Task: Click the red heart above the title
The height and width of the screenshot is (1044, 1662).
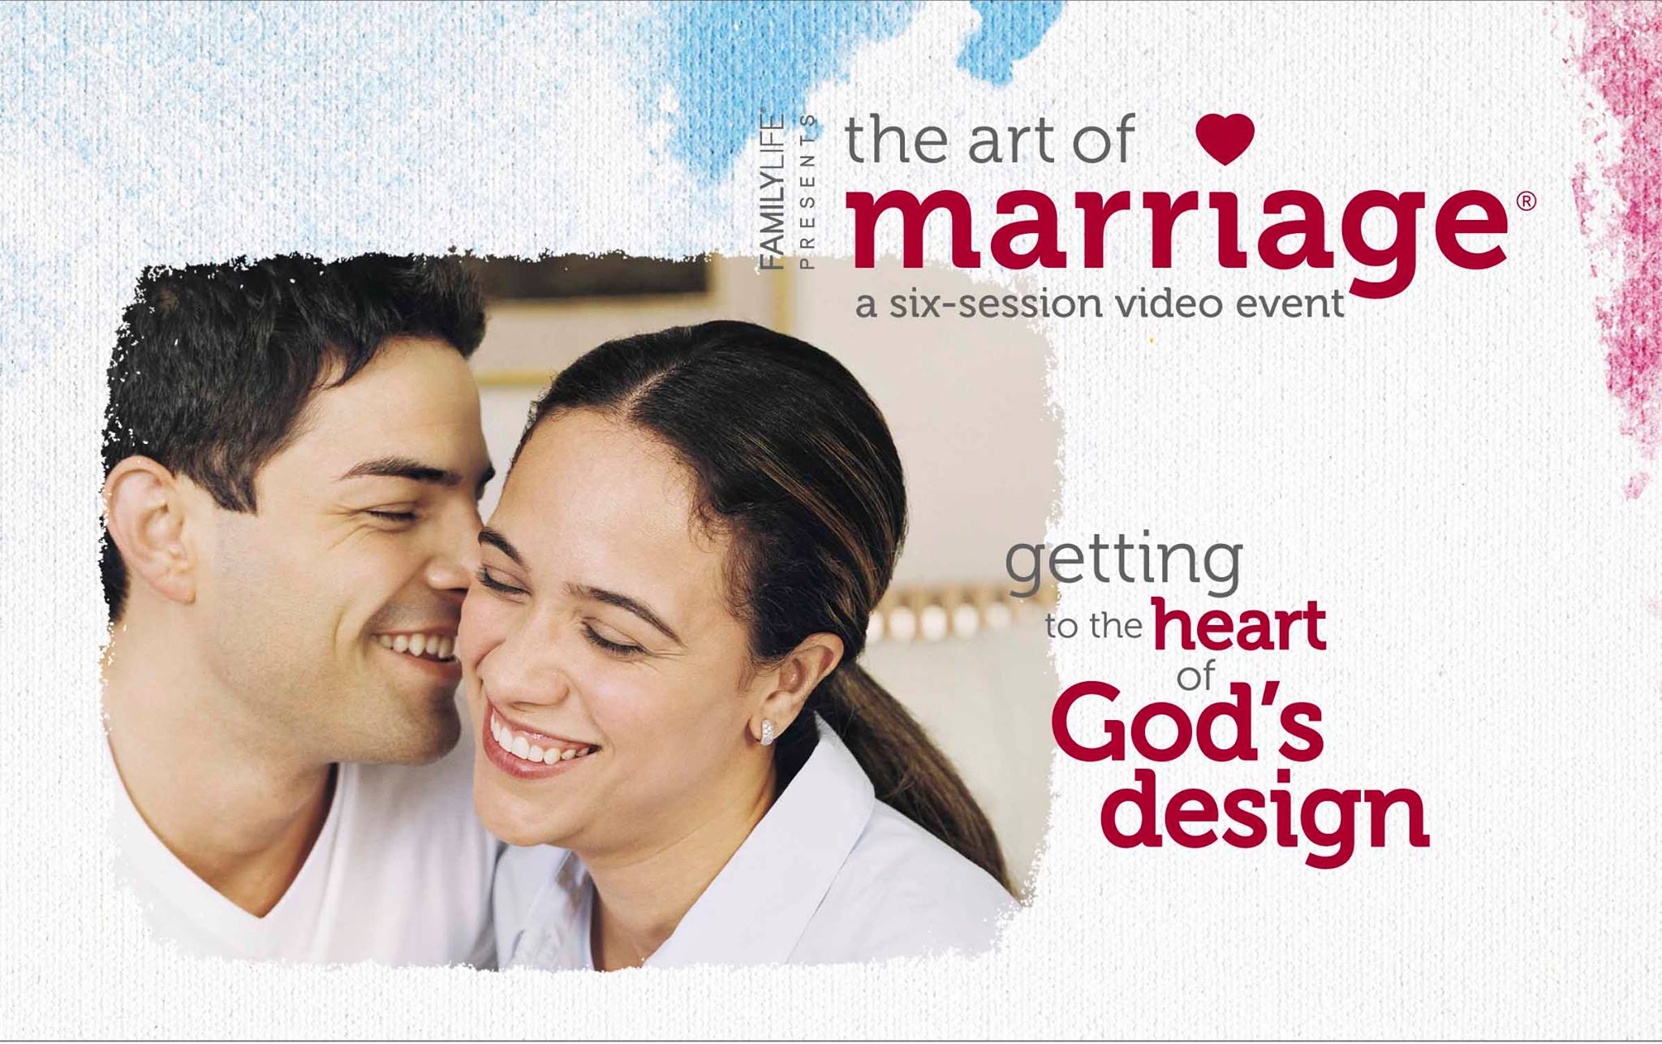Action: pyautogui.click(x=1225, y=138)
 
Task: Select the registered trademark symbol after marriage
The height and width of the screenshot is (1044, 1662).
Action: pyautogui.click(x=1526, y=201)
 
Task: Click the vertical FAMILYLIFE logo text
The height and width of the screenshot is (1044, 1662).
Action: pyautogui.click(x=772, y=191)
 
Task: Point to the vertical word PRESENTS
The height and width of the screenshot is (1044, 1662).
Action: pyautogui.click(x=807, y=192)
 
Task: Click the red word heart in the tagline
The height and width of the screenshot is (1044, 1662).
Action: pyautogui.click(x=1239, y=626)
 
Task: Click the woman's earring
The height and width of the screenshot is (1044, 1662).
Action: pyautogui.click(x=766, y=731)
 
